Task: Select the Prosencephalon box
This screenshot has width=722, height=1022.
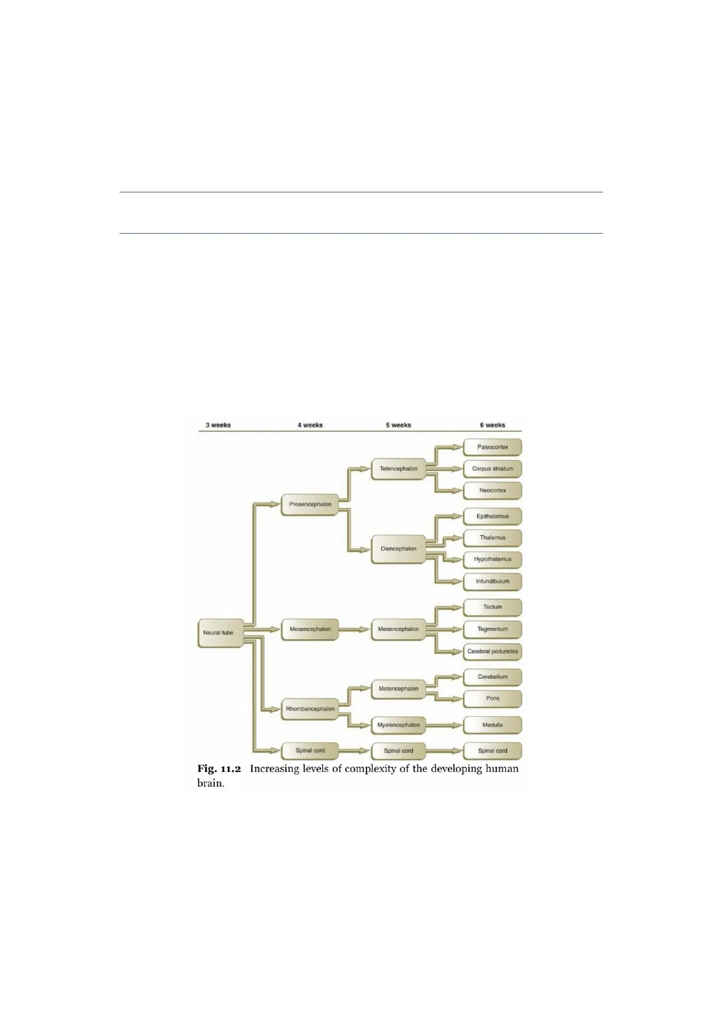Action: [310, 504]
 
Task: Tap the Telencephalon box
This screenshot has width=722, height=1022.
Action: [398, 469]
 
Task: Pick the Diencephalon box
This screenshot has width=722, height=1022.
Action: [398, 549]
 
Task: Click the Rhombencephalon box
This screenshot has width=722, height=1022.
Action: [310, 709]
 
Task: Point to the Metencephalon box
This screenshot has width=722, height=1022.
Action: [398, 689]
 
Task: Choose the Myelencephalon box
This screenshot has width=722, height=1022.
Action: [398, 725]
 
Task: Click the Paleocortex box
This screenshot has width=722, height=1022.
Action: [492, 447]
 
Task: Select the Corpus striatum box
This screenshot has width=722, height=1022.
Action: [492, 469]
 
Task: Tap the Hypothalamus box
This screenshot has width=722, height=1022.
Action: [492, 560]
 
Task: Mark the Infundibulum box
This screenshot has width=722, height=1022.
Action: [492, 581]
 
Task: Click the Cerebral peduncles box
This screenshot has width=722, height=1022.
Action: [492, 652]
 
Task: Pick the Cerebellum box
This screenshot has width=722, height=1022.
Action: [492, 677]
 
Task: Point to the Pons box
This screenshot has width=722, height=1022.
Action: [492, 699]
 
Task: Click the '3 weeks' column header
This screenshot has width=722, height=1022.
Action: [218, 425]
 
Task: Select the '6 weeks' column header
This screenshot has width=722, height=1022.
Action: [492, 425]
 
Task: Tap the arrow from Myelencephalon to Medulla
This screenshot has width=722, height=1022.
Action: [443, 725]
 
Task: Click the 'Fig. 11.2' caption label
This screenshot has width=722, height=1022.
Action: [219, 769]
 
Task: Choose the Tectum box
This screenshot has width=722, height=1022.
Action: [492, 607]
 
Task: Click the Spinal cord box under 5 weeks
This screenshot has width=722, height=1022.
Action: [398, 751]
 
